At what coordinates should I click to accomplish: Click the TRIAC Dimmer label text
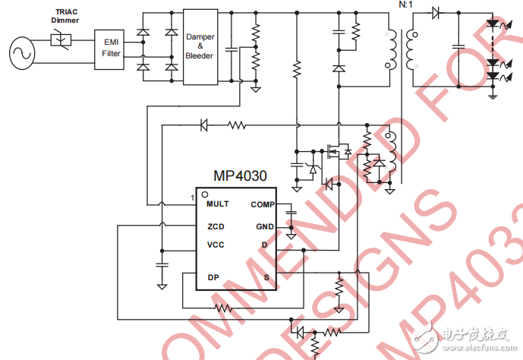[65, 16]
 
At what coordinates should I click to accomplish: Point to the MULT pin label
[217, 204]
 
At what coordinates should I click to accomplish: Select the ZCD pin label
[216, 226]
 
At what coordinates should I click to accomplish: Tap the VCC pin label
[216, 245]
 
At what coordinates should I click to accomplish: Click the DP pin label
[213, 276]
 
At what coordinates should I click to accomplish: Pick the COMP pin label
[263, 204]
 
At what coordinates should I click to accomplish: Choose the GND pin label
[264, 226]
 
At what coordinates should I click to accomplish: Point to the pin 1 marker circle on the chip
[204, 194]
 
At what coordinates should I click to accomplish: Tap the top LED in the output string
[493, 24]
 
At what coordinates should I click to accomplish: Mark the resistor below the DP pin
[222, 308]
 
